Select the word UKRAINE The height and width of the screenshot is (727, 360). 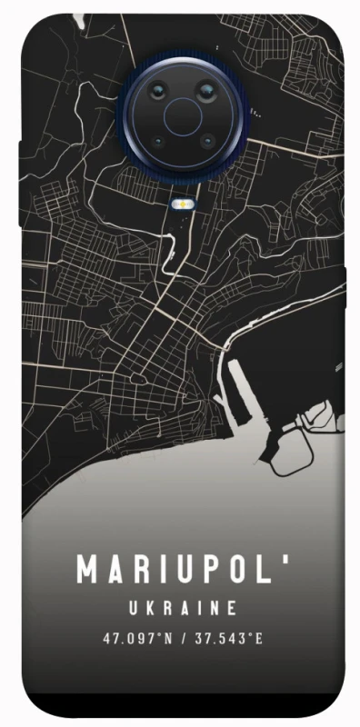tap(183, 608)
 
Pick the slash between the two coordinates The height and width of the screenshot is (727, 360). tap(183, 638)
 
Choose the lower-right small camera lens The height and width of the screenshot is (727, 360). tap(207, 142)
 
